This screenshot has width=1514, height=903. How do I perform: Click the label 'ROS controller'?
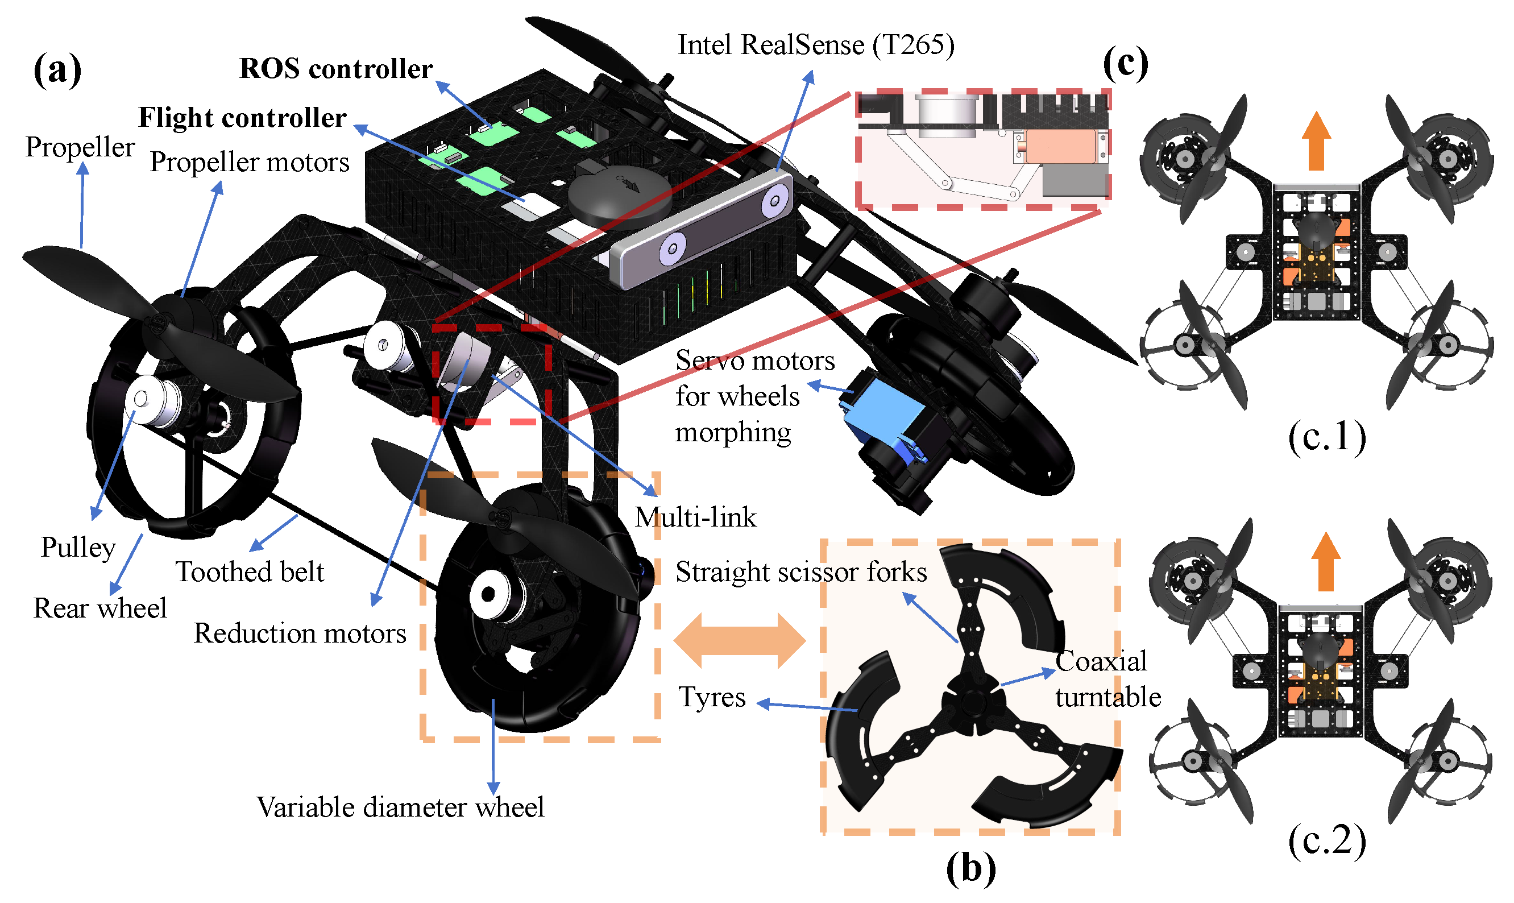[x=336, y=69]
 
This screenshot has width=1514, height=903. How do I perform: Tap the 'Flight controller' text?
[x=242, y=118]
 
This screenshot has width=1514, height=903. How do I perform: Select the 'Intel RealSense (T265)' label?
[x=816, y=45]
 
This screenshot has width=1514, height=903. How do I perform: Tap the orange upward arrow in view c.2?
[x=1325, y=562]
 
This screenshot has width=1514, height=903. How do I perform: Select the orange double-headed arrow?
[x=740, y=641]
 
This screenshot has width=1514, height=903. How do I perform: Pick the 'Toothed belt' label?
[x=250, y=572]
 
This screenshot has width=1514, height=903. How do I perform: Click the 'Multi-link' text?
[x=695, y=518]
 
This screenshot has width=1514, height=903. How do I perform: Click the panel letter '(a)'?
[x=57, y=70]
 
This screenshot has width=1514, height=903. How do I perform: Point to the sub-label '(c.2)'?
[x=1326, y=841]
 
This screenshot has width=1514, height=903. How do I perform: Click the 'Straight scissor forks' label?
[x=801, y=573]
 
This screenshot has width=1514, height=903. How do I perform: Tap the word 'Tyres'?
[x=712, y=697]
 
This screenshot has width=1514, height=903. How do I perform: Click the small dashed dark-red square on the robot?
[x=491, y=374]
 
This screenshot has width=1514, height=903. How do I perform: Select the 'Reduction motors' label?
[x=299, y=634]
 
